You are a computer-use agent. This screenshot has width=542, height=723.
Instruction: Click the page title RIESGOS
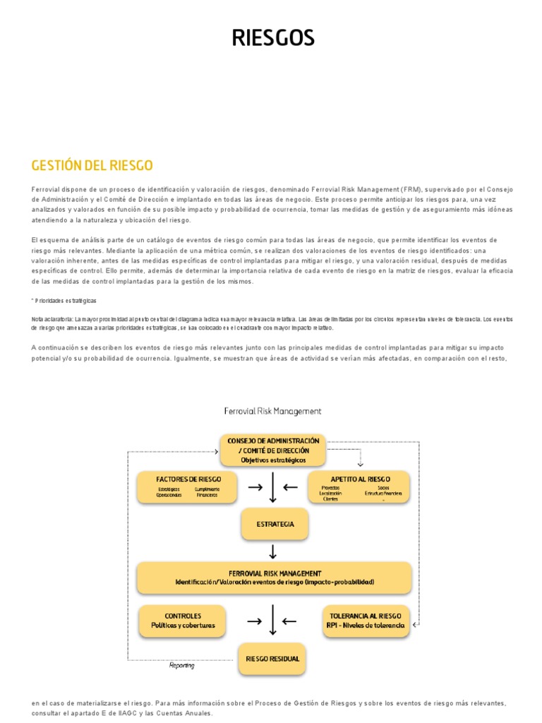(273, 38)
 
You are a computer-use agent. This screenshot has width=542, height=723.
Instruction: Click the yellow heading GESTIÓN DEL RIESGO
(92, 166)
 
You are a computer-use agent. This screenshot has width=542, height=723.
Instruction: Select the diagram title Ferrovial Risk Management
(272, 410)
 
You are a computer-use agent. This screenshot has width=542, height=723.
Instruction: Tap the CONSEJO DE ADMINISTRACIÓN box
(273, 450)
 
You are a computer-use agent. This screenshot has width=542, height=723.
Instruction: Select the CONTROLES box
(183, 621)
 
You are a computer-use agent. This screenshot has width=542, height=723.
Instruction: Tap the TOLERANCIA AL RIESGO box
(365, 621)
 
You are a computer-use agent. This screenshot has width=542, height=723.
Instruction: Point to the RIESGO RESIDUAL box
(272, 659)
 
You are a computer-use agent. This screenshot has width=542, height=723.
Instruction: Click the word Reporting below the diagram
(182, 665)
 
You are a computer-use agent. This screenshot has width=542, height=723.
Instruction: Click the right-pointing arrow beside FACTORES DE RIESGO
(255, 486)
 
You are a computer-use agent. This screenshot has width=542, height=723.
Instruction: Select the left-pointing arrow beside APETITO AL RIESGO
(290, 486)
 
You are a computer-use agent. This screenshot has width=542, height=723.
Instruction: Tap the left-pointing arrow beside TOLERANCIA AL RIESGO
(290, 621)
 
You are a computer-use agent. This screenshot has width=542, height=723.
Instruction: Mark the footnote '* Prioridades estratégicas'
(64, 300)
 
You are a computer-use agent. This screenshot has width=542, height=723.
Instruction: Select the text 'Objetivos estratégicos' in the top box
(273, 460)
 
